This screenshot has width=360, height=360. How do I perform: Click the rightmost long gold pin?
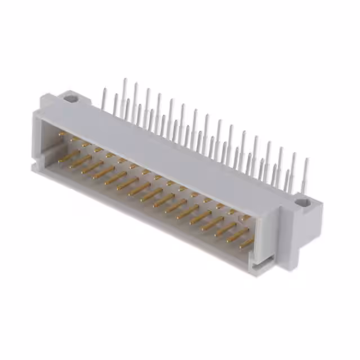[x=246, y=244]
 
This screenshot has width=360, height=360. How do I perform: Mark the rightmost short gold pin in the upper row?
[x=246, y=217]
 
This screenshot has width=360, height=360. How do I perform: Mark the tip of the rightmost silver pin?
[x=307, y=160]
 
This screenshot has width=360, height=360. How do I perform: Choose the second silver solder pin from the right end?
[x=293, y=169]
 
